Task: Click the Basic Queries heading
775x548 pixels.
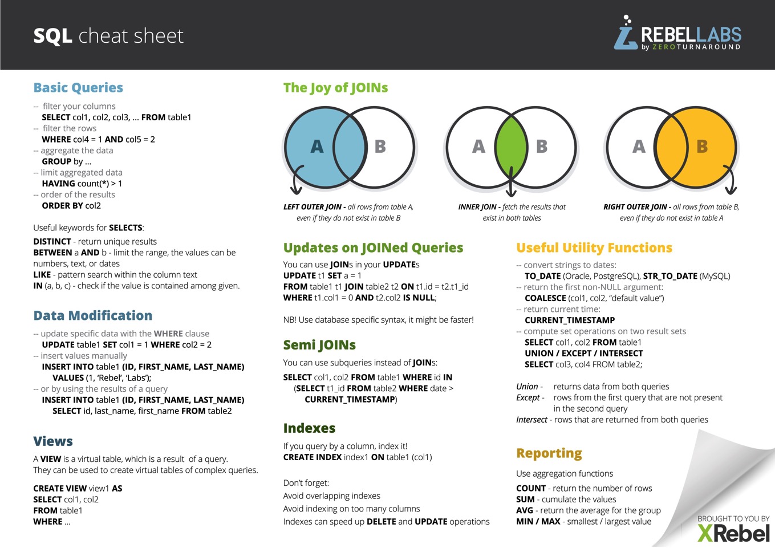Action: pos(78,88)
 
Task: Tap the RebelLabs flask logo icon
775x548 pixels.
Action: pos(626,34)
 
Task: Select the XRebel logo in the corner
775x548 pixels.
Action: pos(733,533)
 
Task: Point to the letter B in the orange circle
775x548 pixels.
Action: pos(702,147)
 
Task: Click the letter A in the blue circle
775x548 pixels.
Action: pos(317,147)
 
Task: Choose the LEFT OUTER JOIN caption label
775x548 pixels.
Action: pos(313,207)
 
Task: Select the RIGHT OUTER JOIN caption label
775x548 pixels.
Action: pos(635,207)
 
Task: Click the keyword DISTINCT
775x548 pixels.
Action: pos(52,242)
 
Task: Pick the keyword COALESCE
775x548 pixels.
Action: pos(545,298)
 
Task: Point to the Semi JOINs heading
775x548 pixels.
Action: pos(319,345)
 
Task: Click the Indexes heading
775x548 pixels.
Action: pos(309,428)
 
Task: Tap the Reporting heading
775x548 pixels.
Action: pos(549,453)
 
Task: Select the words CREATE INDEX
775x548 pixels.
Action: pos(311,457)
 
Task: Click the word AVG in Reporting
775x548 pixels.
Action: pos(525,510)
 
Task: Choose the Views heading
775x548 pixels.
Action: pos(53,441)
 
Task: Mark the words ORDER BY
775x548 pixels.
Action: pos(62,206)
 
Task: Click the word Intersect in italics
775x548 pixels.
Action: pos(531,420)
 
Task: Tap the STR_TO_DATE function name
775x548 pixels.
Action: pos(670,276)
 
